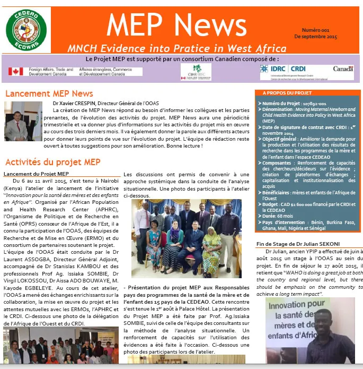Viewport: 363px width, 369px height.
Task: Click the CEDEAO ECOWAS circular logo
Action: click(x=26, y=30)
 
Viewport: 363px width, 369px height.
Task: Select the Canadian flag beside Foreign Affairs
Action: click(x=15, y=71)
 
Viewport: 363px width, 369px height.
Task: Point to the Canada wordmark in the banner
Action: click(x=343, y=68)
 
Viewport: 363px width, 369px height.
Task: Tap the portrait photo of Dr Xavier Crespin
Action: click(x=23, y=121)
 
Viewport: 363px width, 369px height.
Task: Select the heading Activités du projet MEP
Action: click(x=52, y=162)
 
